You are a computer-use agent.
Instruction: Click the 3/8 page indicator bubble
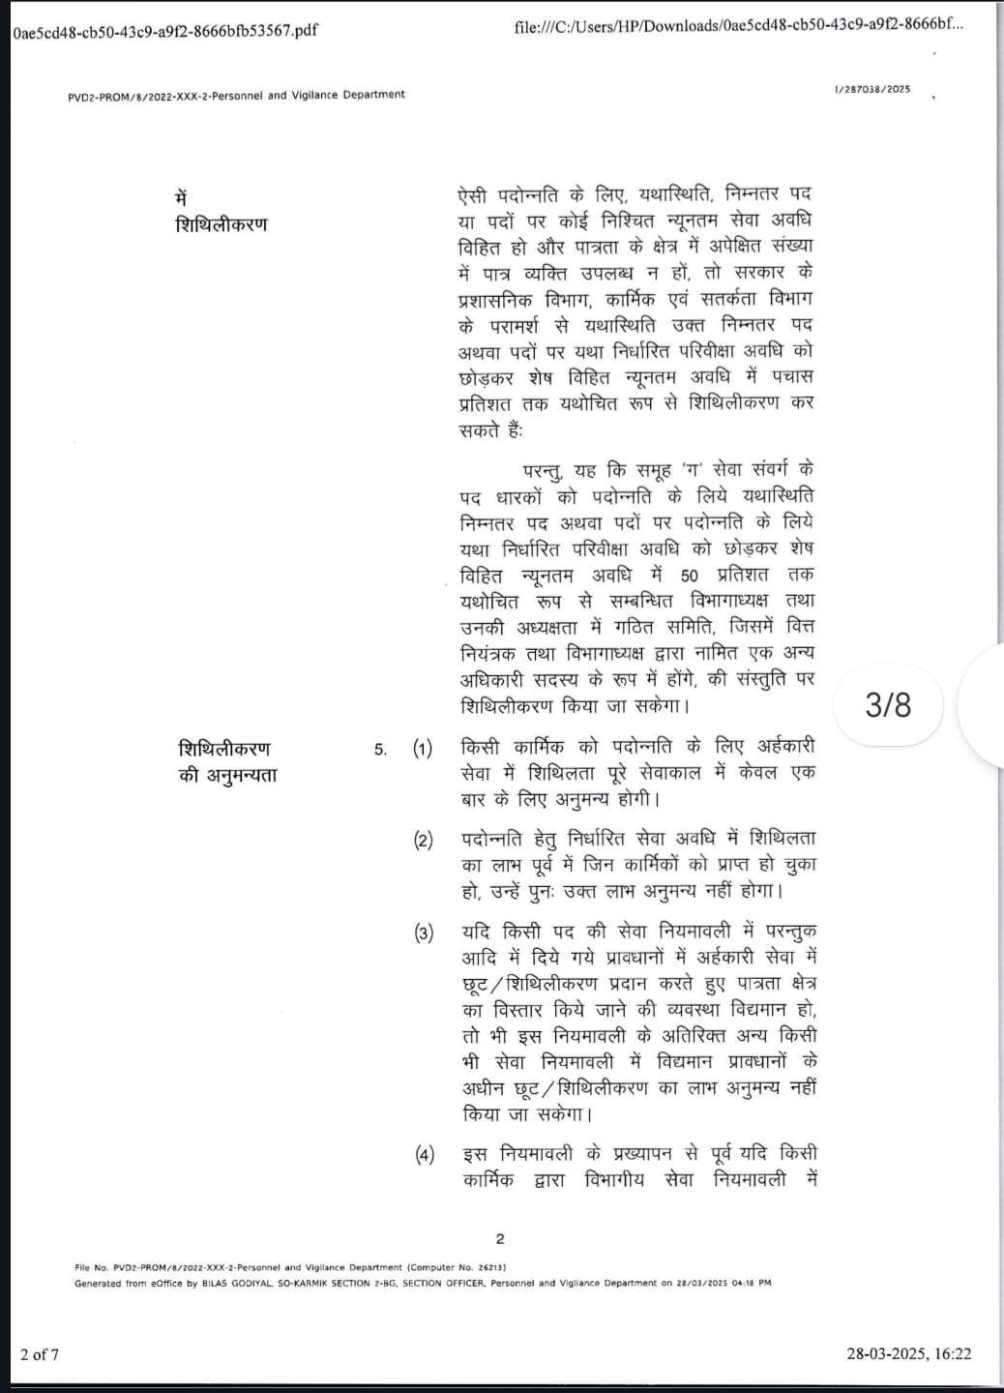point(888,704)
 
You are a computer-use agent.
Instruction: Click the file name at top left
point(165,30)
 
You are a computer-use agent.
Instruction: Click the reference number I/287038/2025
point(871,89)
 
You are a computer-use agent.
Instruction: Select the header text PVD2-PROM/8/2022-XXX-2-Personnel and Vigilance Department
point(236,95)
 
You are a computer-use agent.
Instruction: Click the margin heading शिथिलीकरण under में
point(221,224)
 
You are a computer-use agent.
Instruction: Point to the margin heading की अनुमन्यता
point(227,775)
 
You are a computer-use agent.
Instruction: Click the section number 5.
point(380,750)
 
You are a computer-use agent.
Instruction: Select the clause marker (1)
point(423,749)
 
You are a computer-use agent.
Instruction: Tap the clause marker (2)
point(424,840)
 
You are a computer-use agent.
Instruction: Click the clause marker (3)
point(424,934)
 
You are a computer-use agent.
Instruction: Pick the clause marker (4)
point(425,1155)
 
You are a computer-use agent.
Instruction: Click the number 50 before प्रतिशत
point(689,576)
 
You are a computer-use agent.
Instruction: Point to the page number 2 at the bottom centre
point(500,1239)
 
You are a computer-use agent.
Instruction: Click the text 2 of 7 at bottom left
point(40,1354)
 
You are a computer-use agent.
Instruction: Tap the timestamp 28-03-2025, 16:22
point(908,1354)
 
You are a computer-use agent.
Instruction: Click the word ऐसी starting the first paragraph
point(472,194)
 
